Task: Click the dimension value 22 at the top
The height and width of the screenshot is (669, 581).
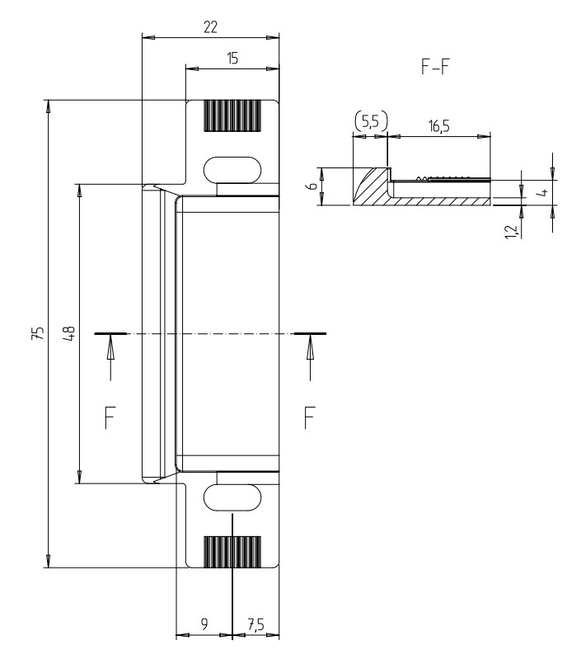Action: tap(210, 26)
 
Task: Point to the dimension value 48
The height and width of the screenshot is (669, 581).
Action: tap(69, 333)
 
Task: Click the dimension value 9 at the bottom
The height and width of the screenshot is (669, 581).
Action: tap(204, 625)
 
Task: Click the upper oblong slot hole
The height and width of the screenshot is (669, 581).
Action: tap(232, 168)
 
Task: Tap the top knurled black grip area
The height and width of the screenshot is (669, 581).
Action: tap(232, 116)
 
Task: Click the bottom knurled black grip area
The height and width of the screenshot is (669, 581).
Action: tap(232, 550)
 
